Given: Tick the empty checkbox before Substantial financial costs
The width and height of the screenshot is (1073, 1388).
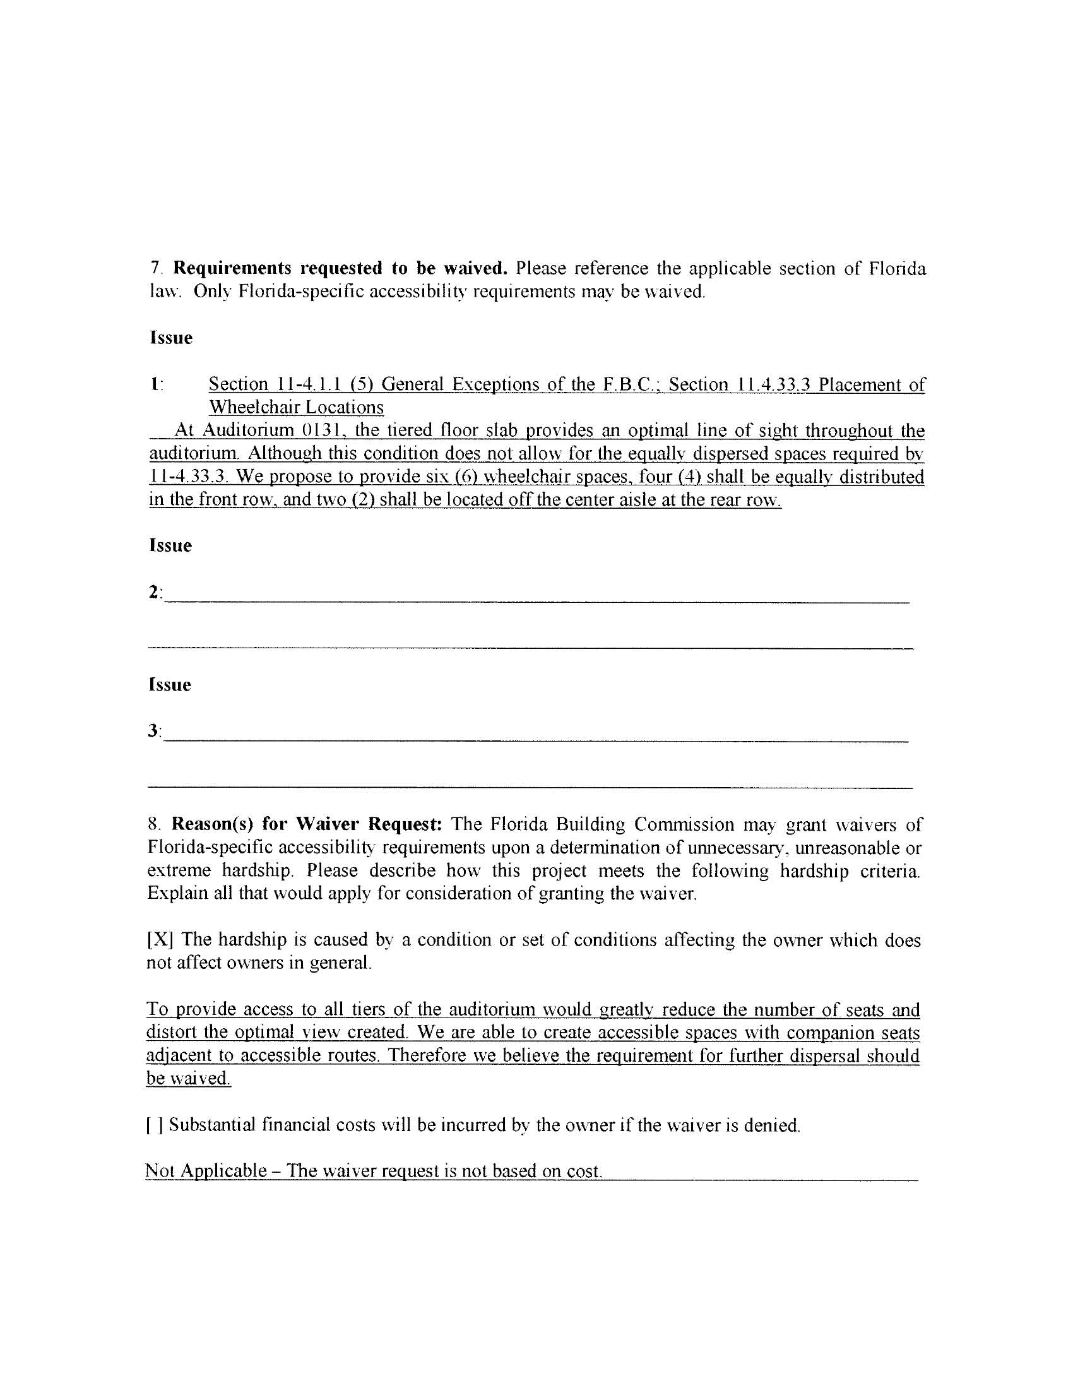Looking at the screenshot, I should click(x=155, y=1126).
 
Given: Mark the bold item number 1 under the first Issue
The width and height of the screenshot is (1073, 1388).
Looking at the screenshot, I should click(x=155, y=384).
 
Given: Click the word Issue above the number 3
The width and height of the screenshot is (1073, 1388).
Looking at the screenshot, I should click(x=170, y=685).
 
